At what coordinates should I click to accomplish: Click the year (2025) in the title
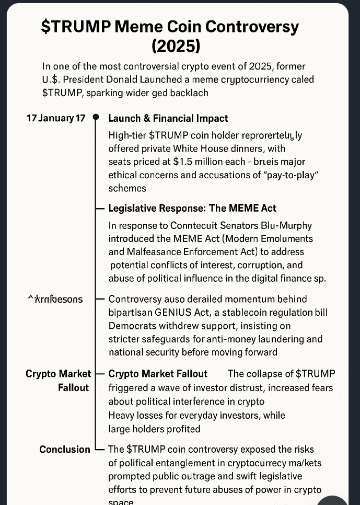click(x=176, y=46)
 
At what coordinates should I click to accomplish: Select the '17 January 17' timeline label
click(x=55, y=118)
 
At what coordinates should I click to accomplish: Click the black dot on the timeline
click(x=96, y=118)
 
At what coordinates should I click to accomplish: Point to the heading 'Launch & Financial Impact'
click(x=168, y=119)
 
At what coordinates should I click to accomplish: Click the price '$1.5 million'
click(x=198, y=162)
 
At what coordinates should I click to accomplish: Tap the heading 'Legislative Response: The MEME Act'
click(x=192, y=208)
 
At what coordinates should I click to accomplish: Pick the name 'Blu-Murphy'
click(x=291, y=225)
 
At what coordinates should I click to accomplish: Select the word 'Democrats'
click(x=130, y=326)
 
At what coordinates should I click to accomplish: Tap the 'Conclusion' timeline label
click(x=65, y=450)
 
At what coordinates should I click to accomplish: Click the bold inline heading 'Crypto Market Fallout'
click(x=158, y=374)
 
